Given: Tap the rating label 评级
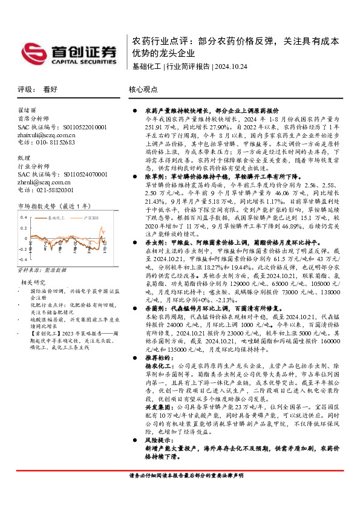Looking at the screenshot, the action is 26,89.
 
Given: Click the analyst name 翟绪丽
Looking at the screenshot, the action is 27,111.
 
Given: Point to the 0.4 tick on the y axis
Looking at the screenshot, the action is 24,216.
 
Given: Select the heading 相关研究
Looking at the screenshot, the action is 33,282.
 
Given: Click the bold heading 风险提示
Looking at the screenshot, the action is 159,443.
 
